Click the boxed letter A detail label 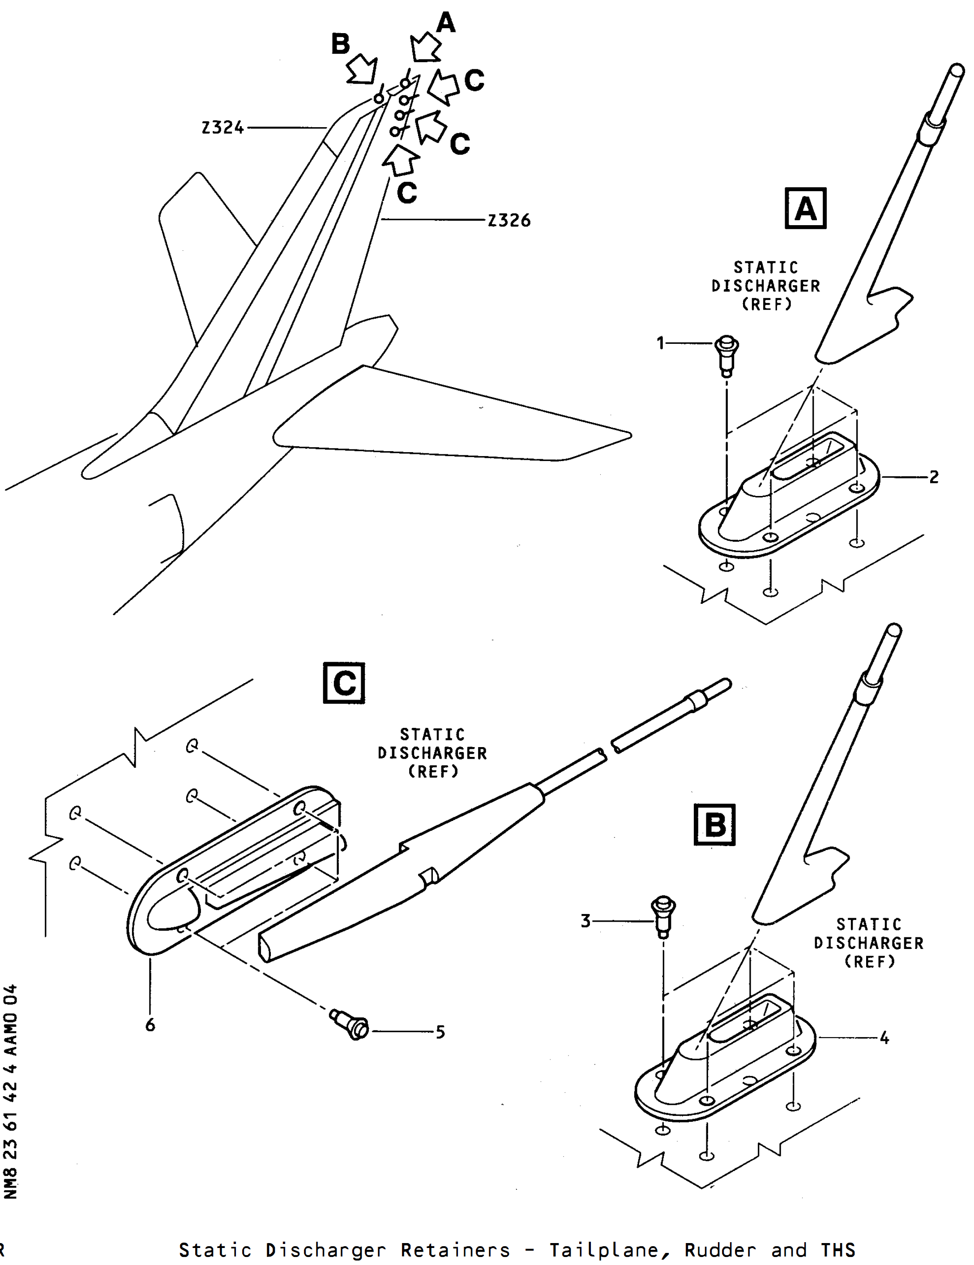tap(806, 209)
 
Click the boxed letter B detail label tap(714, 825)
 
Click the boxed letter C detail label tap(344, 683)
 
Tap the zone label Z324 tap(223, 128)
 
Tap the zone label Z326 tap(509, 220)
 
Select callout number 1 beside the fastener tap(660, 343)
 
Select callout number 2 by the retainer tap(933, 477)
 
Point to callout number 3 tap(585, 921)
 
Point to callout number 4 tap(884, 1038)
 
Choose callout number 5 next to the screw tap(440, 1032)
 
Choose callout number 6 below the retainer tap(150, 1025)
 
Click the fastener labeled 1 tap(726, 355)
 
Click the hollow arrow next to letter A tap(426, 47)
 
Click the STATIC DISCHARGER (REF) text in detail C tap(432, 753)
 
